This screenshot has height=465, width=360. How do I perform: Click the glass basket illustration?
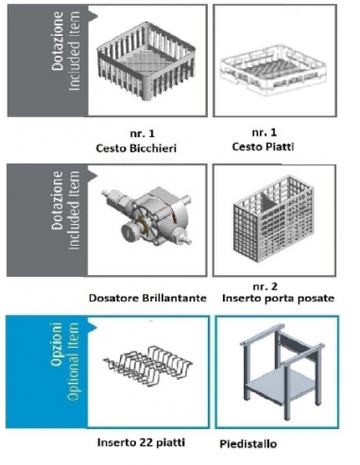146,60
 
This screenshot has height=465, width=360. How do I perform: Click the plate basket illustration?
273,71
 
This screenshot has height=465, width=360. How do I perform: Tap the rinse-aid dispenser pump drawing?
146,217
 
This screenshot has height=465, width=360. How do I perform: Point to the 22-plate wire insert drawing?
148,365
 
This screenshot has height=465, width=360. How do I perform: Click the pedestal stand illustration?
282,371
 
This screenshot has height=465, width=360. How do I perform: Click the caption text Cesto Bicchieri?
136,148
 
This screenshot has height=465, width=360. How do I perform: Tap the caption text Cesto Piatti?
264,146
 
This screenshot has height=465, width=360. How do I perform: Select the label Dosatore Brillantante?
147,298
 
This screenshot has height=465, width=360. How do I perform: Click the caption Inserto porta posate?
278,298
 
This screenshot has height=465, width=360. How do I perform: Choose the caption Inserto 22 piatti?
141,442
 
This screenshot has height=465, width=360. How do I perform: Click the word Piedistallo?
249,444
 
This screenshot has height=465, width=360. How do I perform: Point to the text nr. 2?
266,286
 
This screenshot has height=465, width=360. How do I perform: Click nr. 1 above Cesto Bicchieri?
143,133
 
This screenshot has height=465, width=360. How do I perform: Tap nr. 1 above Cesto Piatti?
265,132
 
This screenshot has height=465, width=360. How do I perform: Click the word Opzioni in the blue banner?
57,344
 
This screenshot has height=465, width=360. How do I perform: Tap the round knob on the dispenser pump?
129,232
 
